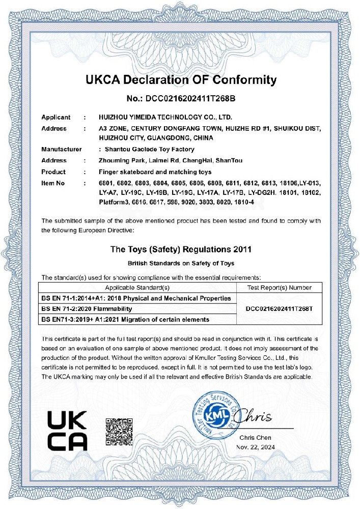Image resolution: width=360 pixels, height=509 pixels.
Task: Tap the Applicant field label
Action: coord(56,118)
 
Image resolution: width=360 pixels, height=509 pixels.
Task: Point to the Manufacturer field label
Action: coord(62,149)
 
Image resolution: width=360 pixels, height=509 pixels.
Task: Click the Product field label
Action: coord(53,172)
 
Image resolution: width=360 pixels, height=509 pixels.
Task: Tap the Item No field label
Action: coord(53,183)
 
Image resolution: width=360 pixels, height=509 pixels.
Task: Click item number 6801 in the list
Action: coord(105,183)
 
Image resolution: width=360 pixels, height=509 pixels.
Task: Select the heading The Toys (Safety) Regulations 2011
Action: coord(181,250)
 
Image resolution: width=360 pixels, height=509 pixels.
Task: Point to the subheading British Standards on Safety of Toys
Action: coord(181,264)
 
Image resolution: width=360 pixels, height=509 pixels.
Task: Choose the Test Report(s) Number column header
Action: coord(279,288)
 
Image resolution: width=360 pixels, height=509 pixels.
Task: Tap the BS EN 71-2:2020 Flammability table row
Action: coord(87,308)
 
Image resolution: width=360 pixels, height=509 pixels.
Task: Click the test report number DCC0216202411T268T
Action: coord(279,308)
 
